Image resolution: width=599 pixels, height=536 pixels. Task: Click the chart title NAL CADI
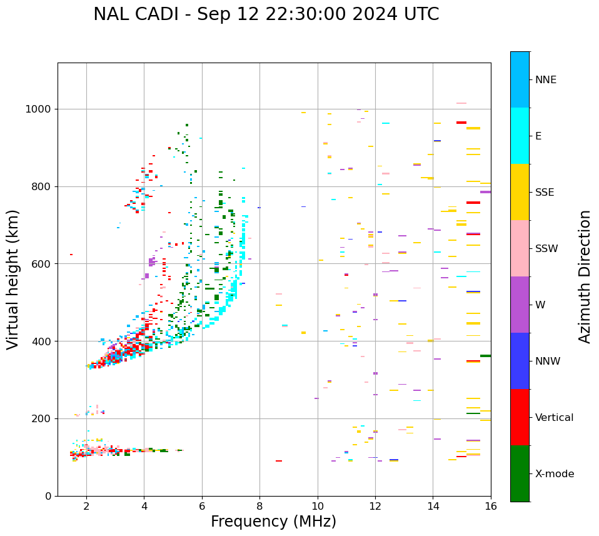pyautogui.click(x=266, y=14)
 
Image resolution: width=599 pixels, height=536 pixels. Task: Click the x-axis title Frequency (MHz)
pyautogui.click(x=273, y=522)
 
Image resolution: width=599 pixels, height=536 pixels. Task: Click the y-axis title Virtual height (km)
pyautogui.click(x=13, y=279)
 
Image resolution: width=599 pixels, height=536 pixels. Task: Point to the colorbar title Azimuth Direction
pyautogui.click(x=585, y=276)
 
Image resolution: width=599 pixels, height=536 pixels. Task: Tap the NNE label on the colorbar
pyautogui.click(x=545, y=80)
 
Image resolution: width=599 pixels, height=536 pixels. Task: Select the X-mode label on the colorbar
pyautogui.click(x=555, y=474)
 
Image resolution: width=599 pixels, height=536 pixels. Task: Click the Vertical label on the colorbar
pyautogui.click(x=554, y=418)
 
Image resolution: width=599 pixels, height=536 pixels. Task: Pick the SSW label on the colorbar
pyautogui.click(x=546, y=249)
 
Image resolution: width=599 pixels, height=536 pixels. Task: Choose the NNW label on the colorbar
pyautogui.click(x=548, y=362)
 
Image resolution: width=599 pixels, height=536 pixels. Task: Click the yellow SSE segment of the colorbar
pyautogui.click(x=520, y=192)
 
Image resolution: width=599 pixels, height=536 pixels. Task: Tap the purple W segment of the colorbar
pyautogui.click(x=520, y=305)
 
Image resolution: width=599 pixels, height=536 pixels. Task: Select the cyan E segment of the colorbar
pyautogui.click(x=520, y=136)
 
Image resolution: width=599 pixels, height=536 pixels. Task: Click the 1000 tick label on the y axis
pyautogui.click(x=39, y=109)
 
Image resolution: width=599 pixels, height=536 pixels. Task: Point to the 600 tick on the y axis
pyautogui.click(x=43, y=264)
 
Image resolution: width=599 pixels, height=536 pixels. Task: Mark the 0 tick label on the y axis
pyautogui.click(x=49, y=496)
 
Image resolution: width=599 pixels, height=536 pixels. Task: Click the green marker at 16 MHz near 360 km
pyautogui.click(x=485, y=356)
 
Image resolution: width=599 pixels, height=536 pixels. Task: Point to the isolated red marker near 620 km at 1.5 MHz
pyautogui.click(x=71, y=255)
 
